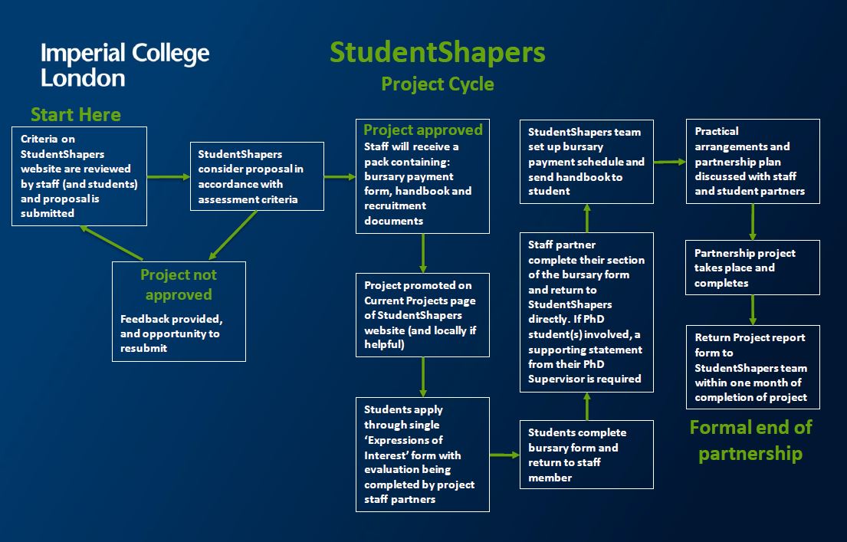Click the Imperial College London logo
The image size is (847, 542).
pyautogui.click(x=125, y=65)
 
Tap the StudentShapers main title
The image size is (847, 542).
pyautogui.click(x=438, y=53)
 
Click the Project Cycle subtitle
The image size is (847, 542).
pyautogui.click(x=438, y=84)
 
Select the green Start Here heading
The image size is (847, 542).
pyautogui.click(x=76, y=115)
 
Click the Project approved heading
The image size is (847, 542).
pyautogui.click(x=423, y=130)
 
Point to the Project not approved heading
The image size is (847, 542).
pyautogui.click(x=179, y=284)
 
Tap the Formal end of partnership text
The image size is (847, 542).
pyautogui.click(x=750, y=440)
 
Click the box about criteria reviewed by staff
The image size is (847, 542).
pyautogui.click(x=79, y=176)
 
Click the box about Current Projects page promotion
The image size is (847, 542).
pyautogui.click(x=423, y=314)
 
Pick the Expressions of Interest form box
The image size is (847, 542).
pyautogui.click(x=423, y=454)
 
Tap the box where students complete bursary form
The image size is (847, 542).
pyautogui.click(x=586, y=455)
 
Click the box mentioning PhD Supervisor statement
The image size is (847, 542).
pyautogui.click(x=586, y=312)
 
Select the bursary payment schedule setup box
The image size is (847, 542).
pyautogui.click(x=586, y=161)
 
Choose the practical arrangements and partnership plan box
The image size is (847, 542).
pyautogui.click(x=753, y=161)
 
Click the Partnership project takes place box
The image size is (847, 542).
pyautogui.click(x=753, y=268)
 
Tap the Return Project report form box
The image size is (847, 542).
pyautogui.click(x=753, y=367)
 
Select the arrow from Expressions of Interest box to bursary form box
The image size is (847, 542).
pyautogui.click(x=504, y=455)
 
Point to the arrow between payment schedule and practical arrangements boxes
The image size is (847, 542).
pyautogui.click(x=670, y=162)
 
